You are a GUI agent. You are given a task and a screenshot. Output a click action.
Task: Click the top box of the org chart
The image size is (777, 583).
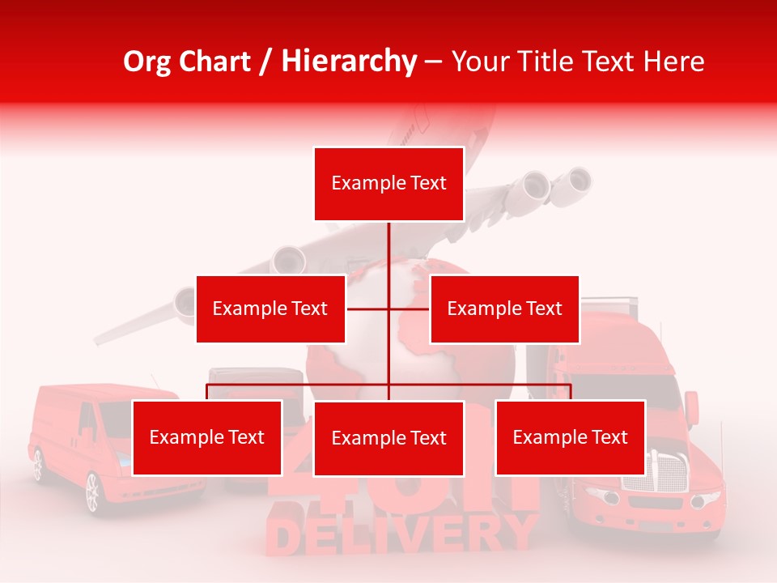tap(388, 184)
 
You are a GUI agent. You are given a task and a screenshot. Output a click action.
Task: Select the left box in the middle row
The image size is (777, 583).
tap(270, 309)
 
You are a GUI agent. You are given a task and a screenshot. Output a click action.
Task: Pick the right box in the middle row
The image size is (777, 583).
tap(504, 309)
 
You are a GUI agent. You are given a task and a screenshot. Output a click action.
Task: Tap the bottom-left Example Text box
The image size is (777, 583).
tap(207, 437)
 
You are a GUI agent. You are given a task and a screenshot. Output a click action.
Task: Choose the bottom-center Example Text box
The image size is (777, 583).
tap(388, 438)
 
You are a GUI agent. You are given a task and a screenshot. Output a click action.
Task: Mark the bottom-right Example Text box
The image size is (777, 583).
tap(570, 437)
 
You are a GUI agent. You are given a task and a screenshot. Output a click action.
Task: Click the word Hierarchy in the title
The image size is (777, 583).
tap(349, 62)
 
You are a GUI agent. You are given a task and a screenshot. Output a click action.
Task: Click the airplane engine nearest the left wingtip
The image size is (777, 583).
tap(184, 304)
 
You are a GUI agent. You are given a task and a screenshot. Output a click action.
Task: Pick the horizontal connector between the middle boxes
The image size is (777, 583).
tap(388, 309)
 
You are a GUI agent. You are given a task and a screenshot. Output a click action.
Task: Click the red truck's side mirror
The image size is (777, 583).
tap(691, 405)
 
